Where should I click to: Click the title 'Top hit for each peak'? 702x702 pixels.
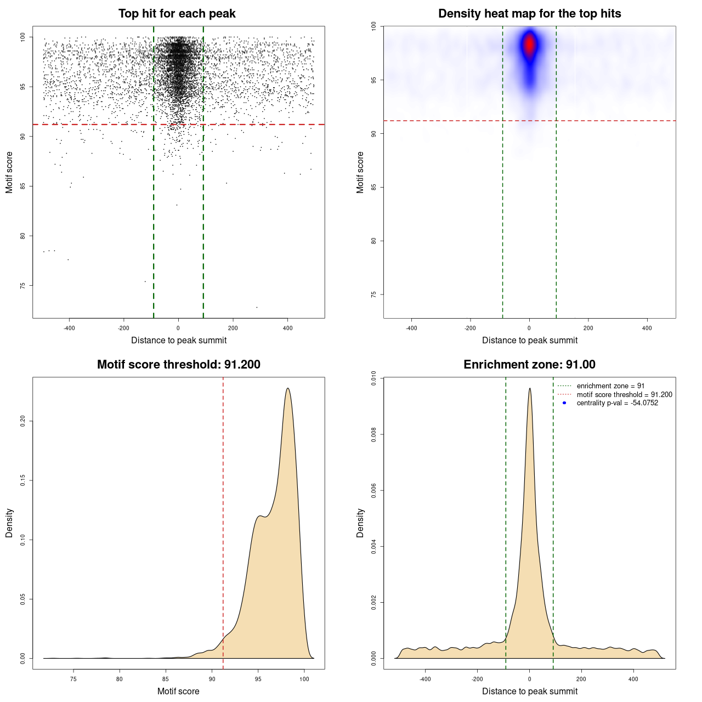pos(177,14)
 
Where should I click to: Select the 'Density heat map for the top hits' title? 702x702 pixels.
pos(529,14)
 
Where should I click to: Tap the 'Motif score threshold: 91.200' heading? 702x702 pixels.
pos(178,365)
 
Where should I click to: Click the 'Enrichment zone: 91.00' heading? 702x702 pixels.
pos(529,365)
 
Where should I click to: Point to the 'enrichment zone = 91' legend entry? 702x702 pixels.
pos(610,386)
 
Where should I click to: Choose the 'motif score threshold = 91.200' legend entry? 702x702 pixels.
pos(624,394)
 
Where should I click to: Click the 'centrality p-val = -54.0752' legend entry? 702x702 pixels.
pos(617,403)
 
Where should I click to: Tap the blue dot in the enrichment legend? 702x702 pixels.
pos(564,403)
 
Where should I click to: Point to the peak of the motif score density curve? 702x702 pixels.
pos(287,388)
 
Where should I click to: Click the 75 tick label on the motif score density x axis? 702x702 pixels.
pos(73,679)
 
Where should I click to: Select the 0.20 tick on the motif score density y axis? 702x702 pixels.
pos(22,421)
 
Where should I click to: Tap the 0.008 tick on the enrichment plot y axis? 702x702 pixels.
pos(373,434)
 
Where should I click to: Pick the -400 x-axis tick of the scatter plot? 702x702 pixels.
pos(69,328)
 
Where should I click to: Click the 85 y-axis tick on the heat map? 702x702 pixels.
pos(373,187)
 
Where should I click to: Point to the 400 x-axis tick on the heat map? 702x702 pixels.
pos(647,328)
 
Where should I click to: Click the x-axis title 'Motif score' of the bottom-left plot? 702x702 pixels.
pos(178,691)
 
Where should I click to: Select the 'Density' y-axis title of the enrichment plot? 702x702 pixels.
pos(360,523)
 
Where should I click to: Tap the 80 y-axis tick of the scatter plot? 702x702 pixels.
pos(22,236)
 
